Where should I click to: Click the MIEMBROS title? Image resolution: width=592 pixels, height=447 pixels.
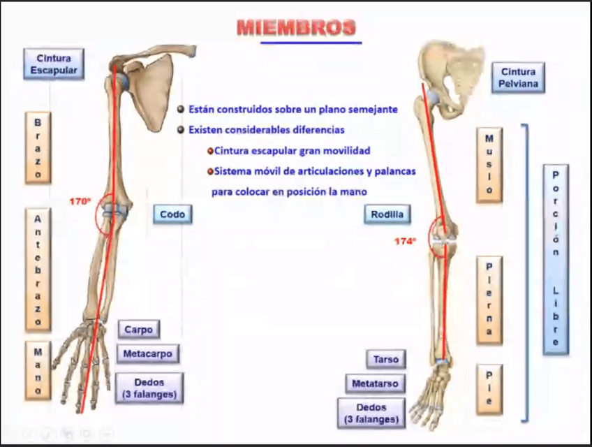click(297, 28)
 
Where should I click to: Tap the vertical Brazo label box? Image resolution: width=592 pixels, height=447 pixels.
click(38, 147)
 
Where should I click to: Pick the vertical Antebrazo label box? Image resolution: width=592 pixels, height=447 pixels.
click(38, 269)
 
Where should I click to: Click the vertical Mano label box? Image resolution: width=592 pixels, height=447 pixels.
click(38, 370)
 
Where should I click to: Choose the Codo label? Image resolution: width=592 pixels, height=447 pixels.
click(172, 214)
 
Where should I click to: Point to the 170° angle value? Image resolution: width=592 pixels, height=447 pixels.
click(80, 201)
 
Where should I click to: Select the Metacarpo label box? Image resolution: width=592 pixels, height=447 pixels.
click(147, 353)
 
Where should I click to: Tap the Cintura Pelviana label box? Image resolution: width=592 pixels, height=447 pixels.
click(517, 78)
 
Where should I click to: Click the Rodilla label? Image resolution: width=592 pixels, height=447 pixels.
click(387, 214)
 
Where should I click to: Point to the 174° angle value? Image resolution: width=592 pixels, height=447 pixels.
click(405, 241)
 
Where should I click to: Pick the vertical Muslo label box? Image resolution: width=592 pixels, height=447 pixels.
click(489, 165)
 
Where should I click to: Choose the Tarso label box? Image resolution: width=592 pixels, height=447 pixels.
click(385, 360)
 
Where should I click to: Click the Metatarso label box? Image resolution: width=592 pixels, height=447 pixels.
click(375, 383)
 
